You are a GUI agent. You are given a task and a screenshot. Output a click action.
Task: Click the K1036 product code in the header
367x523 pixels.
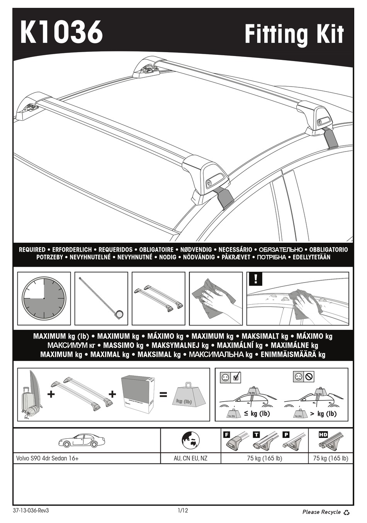pyautogui.click(x=61, y=32)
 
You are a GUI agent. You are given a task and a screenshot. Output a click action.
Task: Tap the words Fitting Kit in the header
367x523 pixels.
pyautogui.click(x=294, y=34)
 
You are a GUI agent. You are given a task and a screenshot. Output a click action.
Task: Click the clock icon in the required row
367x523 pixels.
pyautogui.click(x=44, y=298)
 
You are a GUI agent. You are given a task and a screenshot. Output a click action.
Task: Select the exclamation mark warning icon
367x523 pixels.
pyautogui.click(x=256, y=279)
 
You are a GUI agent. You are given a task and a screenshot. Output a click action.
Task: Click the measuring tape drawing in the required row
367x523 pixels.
pyautogui.click(x=102, y=298)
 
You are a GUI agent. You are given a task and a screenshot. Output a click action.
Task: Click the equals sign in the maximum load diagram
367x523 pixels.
pyautogui.click(x=163, y=395)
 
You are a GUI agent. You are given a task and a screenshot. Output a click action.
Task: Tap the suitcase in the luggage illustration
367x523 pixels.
pyautogui.click(x=27, y=400)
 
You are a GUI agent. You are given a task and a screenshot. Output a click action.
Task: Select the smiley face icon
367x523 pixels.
pyautogui.click(x=226, y=377)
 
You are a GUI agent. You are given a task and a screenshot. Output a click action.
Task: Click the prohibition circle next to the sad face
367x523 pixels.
pyautogui.click(x=309, y=376)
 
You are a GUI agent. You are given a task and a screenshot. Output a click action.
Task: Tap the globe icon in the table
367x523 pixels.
pyautogui.click(x=190, y=440)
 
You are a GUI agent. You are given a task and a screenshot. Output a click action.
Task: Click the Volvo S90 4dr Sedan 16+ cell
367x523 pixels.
pyautogui.click(x=48, y=458)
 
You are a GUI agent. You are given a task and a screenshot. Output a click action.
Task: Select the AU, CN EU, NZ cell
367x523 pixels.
pyautogui.click(x=190, y=458)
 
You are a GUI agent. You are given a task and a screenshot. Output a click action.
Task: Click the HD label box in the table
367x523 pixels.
pyautogui.click(x=323, y=435)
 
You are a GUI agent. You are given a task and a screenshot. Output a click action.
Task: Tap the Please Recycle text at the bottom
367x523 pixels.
pyautogui.click(x=321, y=512)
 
